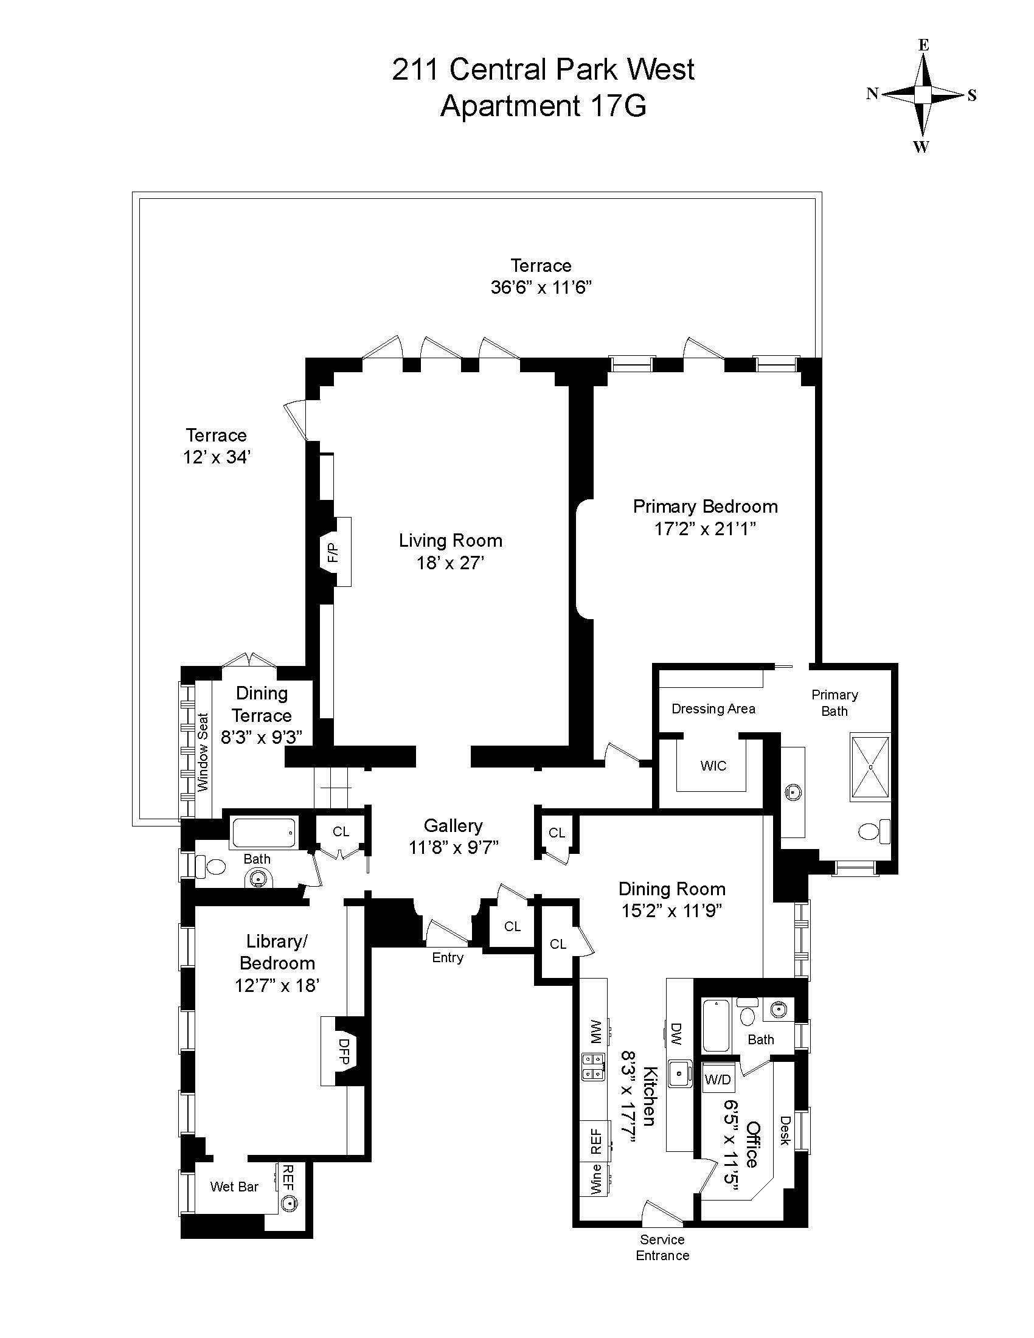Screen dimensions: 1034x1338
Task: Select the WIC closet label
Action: pos(713,766)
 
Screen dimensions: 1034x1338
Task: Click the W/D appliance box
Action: pos(718,1080)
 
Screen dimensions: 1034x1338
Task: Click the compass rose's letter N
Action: pos(872,94)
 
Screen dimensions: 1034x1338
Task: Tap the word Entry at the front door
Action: pos(448,957)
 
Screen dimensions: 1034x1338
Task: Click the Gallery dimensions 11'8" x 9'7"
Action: pos(453,847)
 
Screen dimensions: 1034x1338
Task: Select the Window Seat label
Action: pos(203,752)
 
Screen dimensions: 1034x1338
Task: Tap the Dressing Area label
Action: pos(713,709)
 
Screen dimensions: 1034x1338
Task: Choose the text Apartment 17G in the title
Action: pos(543,105)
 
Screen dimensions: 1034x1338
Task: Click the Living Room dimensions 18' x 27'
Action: pos(451,563)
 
